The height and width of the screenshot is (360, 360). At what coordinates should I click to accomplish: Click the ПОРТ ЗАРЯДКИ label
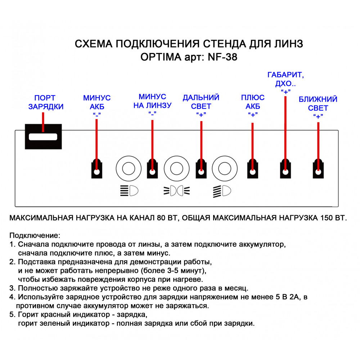pos(46,102)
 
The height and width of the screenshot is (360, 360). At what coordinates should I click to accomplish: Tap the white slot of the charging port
pos(43,137)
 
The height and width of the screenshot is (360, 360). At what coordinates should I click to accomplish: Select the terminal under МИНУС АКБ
pos(96,169)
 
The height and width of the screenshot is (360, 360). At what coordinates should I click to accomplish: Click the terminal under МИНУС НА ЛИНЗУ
pos(152,169)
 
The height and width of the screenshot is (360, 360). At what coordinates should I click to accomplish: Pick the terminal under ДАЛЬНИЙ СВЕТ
pos(201,169)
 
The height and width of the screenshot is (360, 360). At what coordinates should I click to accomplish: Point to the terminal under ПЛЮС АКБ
pos(253,169)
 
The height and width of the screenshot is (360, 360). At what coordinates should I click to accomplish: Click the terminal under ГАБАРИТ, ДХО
pos(285,169)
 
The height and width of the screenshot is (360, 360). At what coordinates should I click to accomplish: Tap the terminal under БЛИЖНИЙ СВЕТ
pos(318,169)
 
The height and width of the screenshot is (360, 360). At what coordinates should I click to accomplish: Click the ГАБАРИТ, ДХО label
pos(285,79)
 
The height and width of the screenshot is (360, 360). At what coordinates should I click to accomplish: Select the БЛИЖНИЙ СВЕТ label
pos(318,104)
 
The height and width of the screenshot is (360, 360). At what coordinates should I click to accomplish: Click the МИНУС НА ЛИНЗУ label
pos(152,101)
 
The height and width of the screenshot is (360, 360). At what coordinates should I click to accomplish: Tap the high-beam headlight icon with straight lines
pos(129,191)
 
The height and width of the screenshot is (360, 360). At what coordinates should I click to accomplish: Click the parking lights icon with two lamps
pos(176,191)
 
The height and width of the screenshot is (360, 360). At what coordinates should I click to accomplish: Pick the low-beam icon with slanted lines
pos(222,191)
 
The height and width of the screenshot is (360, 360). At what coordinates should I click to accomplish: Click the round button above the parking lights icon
pos(176,168)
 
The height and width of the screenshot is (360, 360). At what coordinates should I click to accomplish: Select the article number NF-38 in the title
pos(222,57)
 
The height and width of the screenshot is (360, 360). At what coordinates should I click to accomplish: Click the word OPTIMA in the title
pos(161,57)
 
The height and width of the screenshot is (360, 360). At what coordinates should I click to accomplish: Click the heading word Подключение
pos(35,235)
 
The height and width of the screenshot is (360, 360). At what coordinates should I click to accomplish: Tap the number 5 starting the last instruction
pos(12,315)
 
